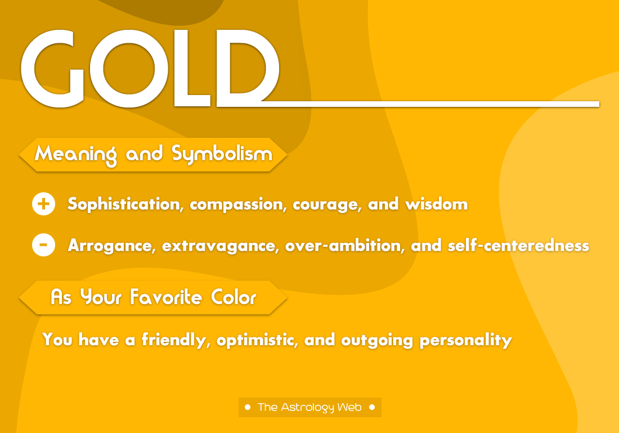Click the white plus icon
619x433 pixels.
coord(44,204)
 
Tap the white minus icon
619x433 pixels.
coord(44,245)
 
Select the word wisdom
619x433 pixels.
coord(437,204)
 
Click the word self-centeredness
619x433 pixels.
coord(518,246)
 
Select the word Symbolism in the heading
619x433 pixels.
coord(222,154)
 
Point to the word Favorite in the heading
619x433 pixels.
coord(163,297)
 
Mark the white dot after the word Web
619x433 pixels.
coord(372,407)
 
